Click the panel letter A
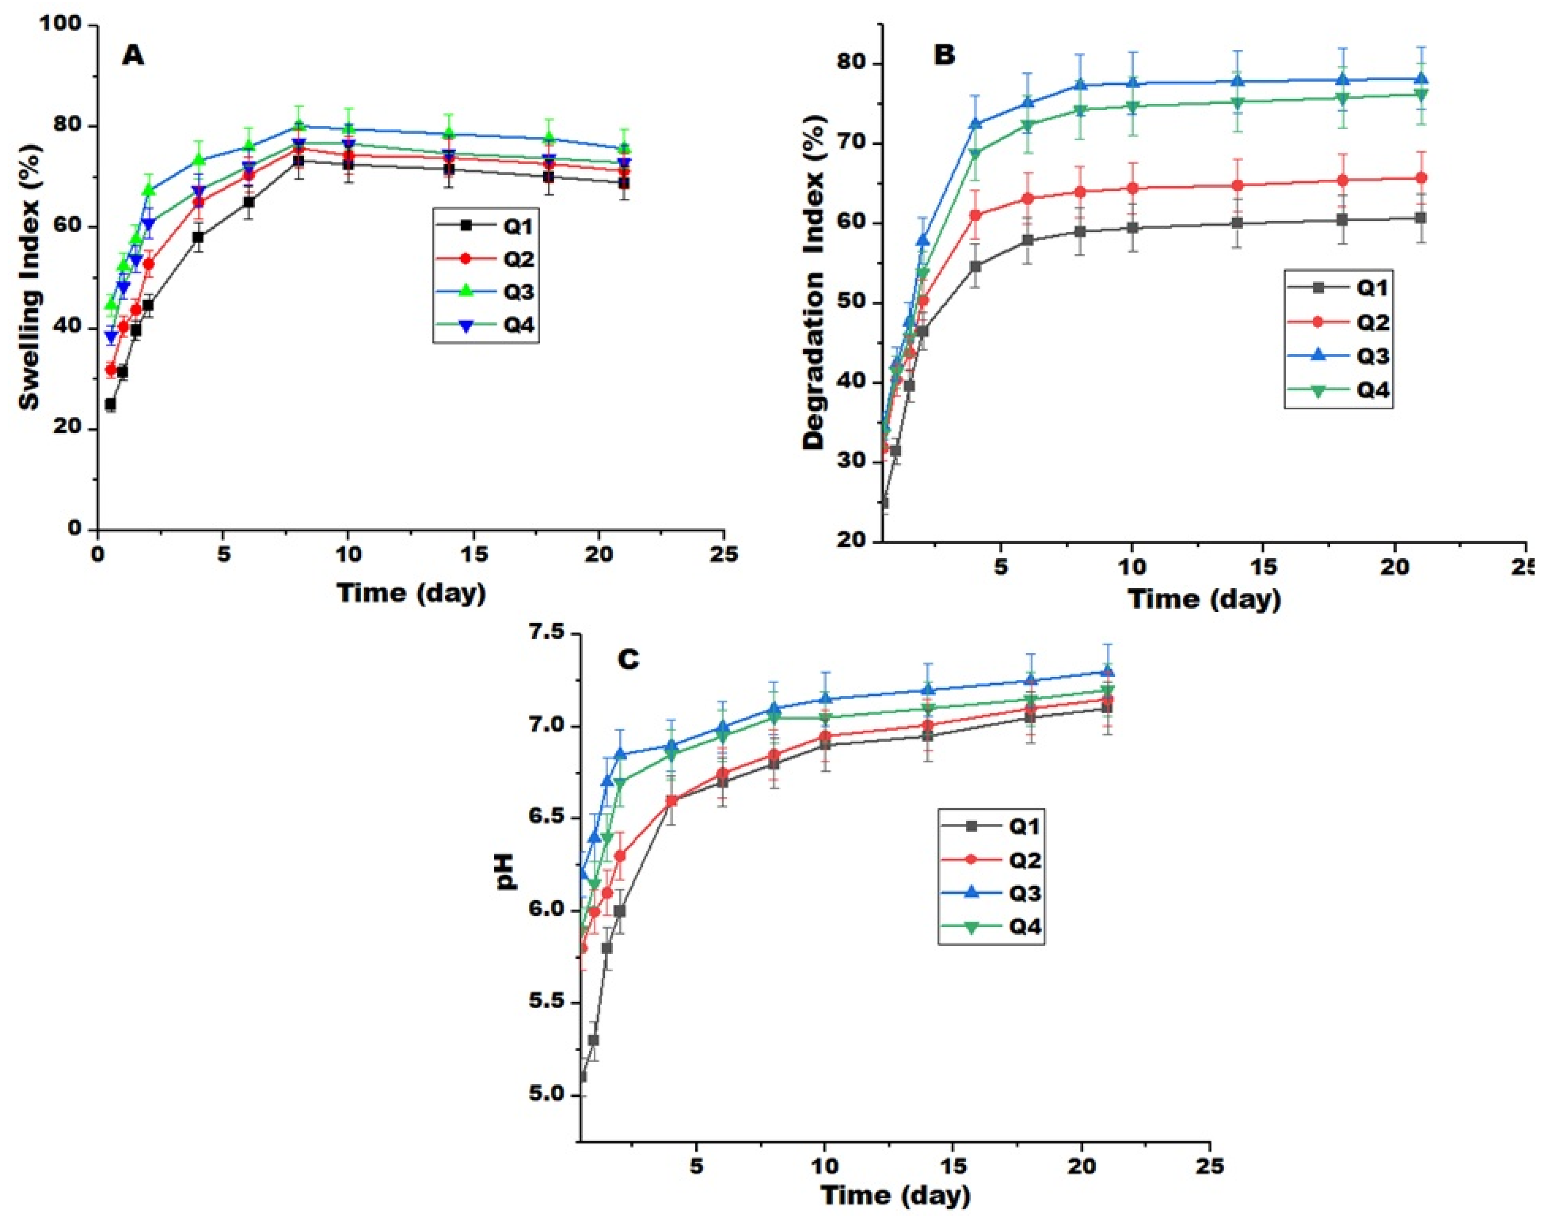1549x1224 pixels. [x=133, y=55]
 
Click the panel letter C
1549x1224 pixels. [x=628, y=659]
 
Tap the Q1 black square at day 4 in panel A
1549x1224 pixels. [x=198, y=237]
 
